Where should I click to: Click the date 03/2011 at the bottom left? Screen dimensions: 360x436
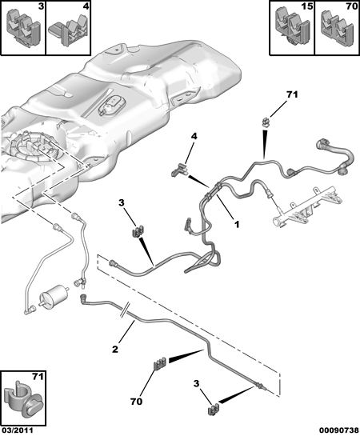point(17,430)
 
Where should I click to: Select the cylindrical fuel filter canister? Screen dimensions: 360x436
point(54,298)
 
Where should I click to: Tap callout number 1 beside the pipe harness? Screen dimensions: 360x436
point(237,224)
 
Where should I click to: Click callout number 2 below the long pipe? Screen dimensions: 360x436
point(115,349)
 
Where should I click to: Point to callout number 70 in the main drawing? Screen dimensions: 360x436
point(137,402)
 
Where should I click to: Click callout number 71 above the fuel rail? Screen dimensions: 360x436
point(292,95)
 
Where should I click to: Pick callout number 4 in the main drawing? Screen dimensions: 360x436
point(194,137)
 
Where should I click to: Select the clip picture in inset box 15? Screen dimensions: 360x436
point(292,27)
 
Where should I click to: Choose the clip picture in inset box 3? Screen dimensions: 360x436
point(23,27)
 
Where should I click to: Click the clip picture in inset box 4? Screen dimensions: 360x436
point(69,31)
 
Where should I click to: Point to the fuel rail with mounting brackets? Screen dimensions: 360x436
point(307,205)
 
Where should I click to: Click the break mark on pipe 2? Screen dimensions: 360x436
point(124,310)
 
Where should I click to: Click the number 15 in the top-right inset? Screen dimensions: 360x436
point(306,6)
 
